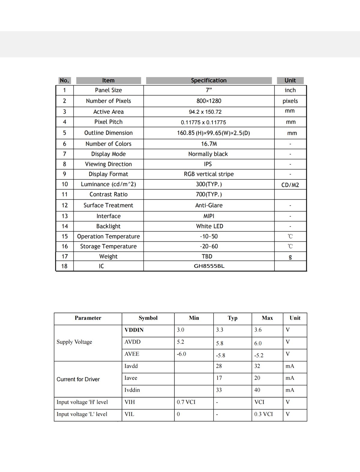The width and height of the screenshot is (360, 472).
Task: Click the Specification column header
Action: pyautogui.click(x=209, y=80)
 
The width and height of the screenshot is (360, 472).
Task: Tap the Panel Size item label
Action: pyautogui.click(x=108, y=90)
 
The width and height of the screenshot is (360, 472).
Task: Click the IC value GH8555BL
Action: pyautogui.click(x=209, y=266)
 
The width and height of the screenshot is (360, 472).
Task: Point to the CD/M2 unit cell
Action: pyautogui.click(x=290, y=185)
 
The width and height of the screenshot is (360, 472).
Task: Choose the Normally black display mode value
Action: pyautogui.click(x=208, y=154)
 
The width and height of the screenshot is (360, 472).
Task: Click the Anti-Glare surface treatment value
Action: pyautogui.click(x=209, y=205)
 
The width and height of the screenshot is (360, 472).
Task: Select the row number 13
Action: pyautogui.click(x=64, y=216)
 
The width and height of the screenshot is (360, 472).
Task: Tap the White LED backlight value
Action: pyautogui.click(x=209, y=226)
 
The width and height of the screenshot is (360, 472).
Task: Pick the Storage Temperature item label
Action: pyautogui.click(x=108, y=247)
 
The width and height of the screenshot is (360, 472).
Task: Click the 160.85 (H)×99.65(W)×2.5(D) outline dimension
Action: pyautogui.click(x=213, y=133)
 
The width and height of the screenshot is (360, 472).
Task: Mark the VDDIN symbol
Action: pyautogui.click(x=134, y=330)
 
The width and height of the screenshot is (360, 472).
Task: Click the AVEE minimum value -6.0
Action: pyautogui.click(x=181, y=354)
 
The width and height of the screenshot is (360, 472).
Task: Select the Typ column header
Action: pyautogui.click(x=232, y=318)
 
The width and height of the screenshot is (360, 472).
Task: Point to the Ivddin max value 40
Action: pyautogui.click(x=257, y=390)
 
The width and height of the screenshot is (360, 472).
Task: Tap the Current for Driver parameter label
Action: pyautogui.click(x=78, y=379)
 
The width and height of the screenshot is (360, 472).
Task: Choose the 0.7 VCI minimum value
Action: pyautogui.click(x=186, y=402)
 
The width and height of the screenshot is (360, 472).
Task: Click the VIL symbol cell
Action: pyautogui.click(x=129, y=414)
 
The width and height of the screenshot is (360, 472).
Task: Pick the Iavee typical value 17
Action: pyautogui.click(x=219, y=378)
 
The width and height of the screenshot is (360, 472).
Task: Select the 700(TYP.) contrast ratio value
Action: pyautogui.click(x=209, y=195)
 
